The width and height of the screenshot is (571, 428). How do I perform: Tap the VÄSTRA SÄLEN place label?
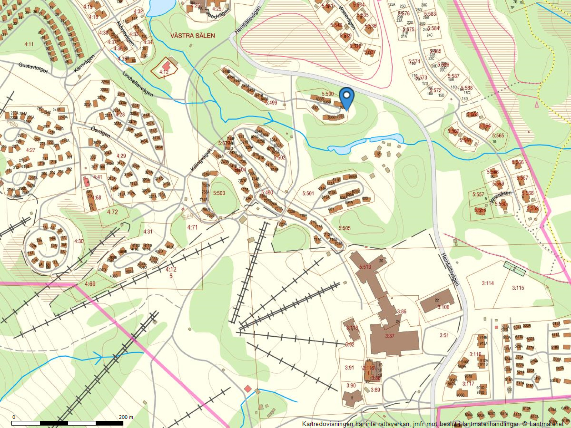(x=192, y=36)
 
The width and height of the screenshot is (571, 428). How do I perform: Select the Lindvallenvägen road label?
(x=137, y=85)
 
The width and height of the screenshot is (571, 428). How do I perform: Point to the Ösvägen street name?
(x=100, y=133)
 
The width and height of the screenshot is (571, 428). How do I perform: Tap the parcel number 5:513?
(x=365, y=267)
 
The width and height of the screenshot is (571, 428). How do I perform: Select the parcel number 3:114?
(x=487, y=283)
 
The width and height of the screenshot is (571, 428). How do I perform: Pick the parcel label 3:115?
(x=518, y=287)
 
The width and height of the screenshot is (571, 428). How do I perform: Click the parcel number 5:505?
(x=344, y=228)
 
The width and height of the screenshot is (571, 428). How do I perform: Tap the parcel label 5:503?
(x=219, y=193)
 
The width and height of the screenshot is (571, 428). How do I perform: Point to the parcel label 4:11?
(x=29, y=44)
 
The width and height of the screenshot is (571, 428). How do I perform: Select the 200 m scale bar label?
(x=126, y=417)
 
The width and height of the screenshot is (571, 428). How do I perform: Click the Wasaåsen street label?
(x=500, y=197)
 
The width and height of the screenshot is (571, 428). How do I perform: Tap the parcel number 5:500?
(x=327, y=94)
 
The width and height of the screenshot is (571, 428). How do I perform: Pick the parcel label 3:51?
(x=444, y=335)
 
